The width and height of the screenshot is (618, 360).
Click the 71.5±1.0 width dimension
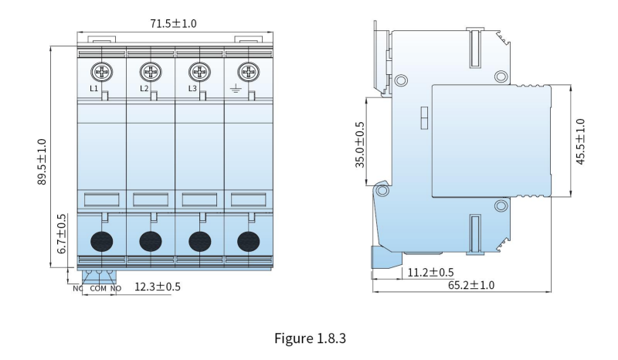click(x=173, y=23)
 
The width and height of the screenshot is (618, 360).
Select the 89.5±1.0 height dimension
click(x=42, y=161)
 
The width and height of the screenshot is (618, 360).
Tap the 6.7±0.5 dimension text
click(x=62, y=234)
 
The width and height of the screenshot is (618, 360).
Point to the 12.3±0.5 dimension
click(x=158, y=287)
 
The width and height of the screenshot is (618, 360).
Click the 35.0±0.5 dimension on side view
click(x=360, y=144)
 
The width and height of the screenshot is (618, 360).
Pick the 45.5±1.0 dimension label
click(x=580, y=141)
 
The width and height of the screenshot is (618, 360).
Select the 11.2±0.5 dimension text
click(x=430, y=273)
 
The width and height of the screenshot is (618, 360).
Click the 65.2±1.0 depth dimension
click(x=471, y=285)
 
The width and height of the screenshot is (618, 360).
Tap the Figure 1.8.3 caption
click(x=311, y=338)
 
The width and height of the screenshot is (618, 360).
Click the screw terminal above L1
click(x=102, y=73)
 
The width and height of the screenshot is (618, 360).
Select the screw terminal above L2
click(x=151, y=73)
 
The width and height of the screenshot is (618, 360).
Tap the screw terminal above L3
click(x=199, y=73)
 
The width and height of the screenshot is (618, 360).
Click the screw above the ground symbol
click(x=248, y=73)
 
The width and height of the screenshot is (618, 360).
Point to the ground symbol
click(x=235, y=89)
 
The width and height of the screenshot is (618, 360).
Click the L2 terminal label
click(x=144, y=89)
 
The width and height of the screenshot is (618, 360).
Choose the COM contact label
click(x=98, y=289)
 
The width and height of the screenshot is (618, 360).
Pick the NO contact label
click(x=115, y=289)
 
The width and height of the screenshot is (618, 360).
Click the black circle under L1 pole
click(x=102, y=241)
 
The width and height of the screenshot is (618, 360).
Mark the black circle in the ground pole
click(x=248, y=241)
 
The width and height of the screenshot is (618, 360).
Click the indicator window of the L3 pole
click(x=199, y=199)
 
